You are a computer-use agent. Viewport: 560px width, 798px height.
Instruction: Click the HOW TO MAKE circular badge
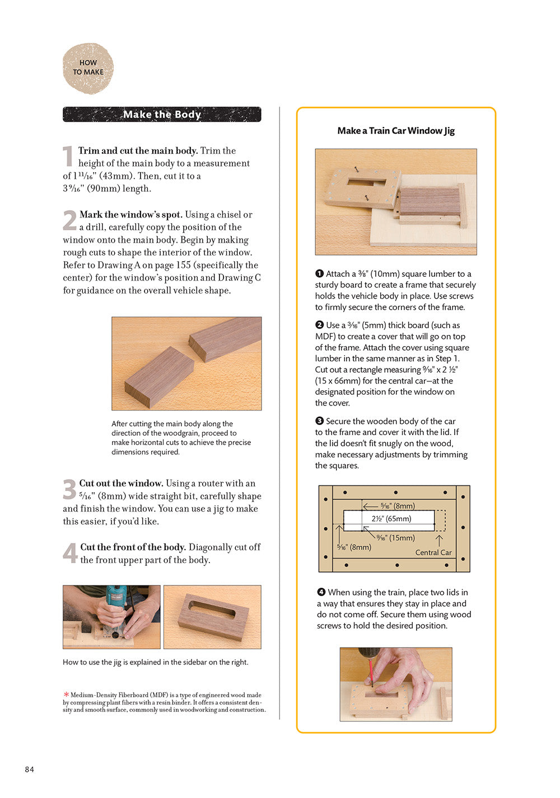click(x=88, y=68)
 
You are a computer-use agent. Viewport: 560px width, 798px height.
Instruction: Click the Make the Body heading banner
click(x=162, y=114)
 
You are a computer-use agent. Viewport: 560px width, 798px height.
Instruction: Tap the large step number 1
click(x=68, y=157)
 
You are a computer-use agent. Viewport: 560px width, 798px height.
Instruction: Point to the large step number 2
click(x=69, y=220)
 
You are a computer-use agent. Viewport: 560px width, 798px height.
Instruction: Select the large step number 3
click(x=69, y=489)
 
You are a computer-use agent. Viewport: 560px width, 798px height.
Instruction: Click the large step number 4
click(x=70, y=553)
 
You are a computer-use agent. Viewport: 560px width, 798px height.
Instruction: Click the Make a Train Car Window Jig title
click(x=395, y=130)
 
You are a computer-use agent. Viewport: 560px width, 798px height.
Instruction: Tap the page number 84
click(x=29, y=769)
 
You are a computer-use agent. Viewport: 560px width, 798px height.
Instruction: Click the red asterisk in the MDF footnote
click(x=66, y=695)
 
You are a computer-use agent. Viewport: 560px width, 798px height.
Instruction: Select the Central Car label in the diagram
click(x=433, y=552)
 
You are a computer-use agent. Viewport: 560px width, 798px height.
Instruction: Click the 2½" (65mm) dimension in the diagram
click(x=391, y=518)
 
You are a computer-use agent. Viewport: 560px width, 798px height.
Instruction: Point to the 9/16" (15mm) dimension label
click(x=395, y=537)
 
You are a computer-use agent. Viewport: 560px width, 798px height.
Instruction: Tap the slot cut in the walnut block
click(x=212, y=610)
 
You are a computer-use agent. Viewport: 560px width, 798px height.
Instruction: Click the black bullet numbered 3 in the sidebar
click(x=319, y=421)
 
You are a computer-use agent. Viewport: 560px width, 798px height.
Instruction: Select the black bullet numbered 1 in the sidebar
click(x=319, y=273)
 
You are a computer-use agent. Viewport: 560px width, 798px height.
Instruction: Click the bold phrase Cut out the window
click(x=121, y=483)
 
